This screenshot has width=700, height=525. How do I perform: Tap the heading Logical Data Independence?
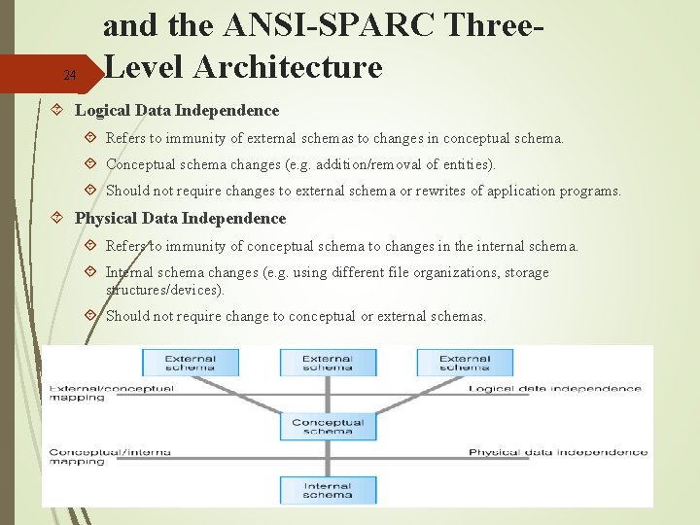coord(177,111)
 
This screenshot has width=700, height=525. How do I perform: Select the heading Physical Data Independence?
coord(181,219)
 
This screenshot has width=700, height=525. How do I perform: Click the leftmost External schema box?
coord(191,363)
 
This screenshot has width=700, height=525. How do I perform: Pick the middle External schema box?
coord(328,363)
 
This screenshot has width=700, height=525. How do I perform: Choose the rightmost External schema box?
coord(465,363)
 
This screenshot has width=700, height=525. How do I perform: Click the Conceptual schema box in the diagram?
coord(328,426)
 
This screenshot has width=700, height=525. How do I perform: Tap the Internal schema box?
coord(328,490)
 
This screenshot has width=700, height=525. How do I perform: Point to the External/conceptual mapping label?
coord(112,393)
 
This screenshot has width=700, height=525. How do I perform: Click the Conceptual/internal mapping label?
coord(110,456)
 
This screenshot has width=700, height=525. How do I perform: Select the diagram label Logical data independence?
coord(555,389)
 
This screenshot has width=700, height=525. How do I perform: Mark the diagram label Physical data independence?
coord(558,452)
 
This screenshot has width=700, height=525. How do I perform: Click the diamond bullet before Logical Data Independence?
coord(58,111)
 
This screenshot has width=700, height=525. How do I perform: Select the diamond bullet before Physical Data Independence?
coord(58,219)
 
